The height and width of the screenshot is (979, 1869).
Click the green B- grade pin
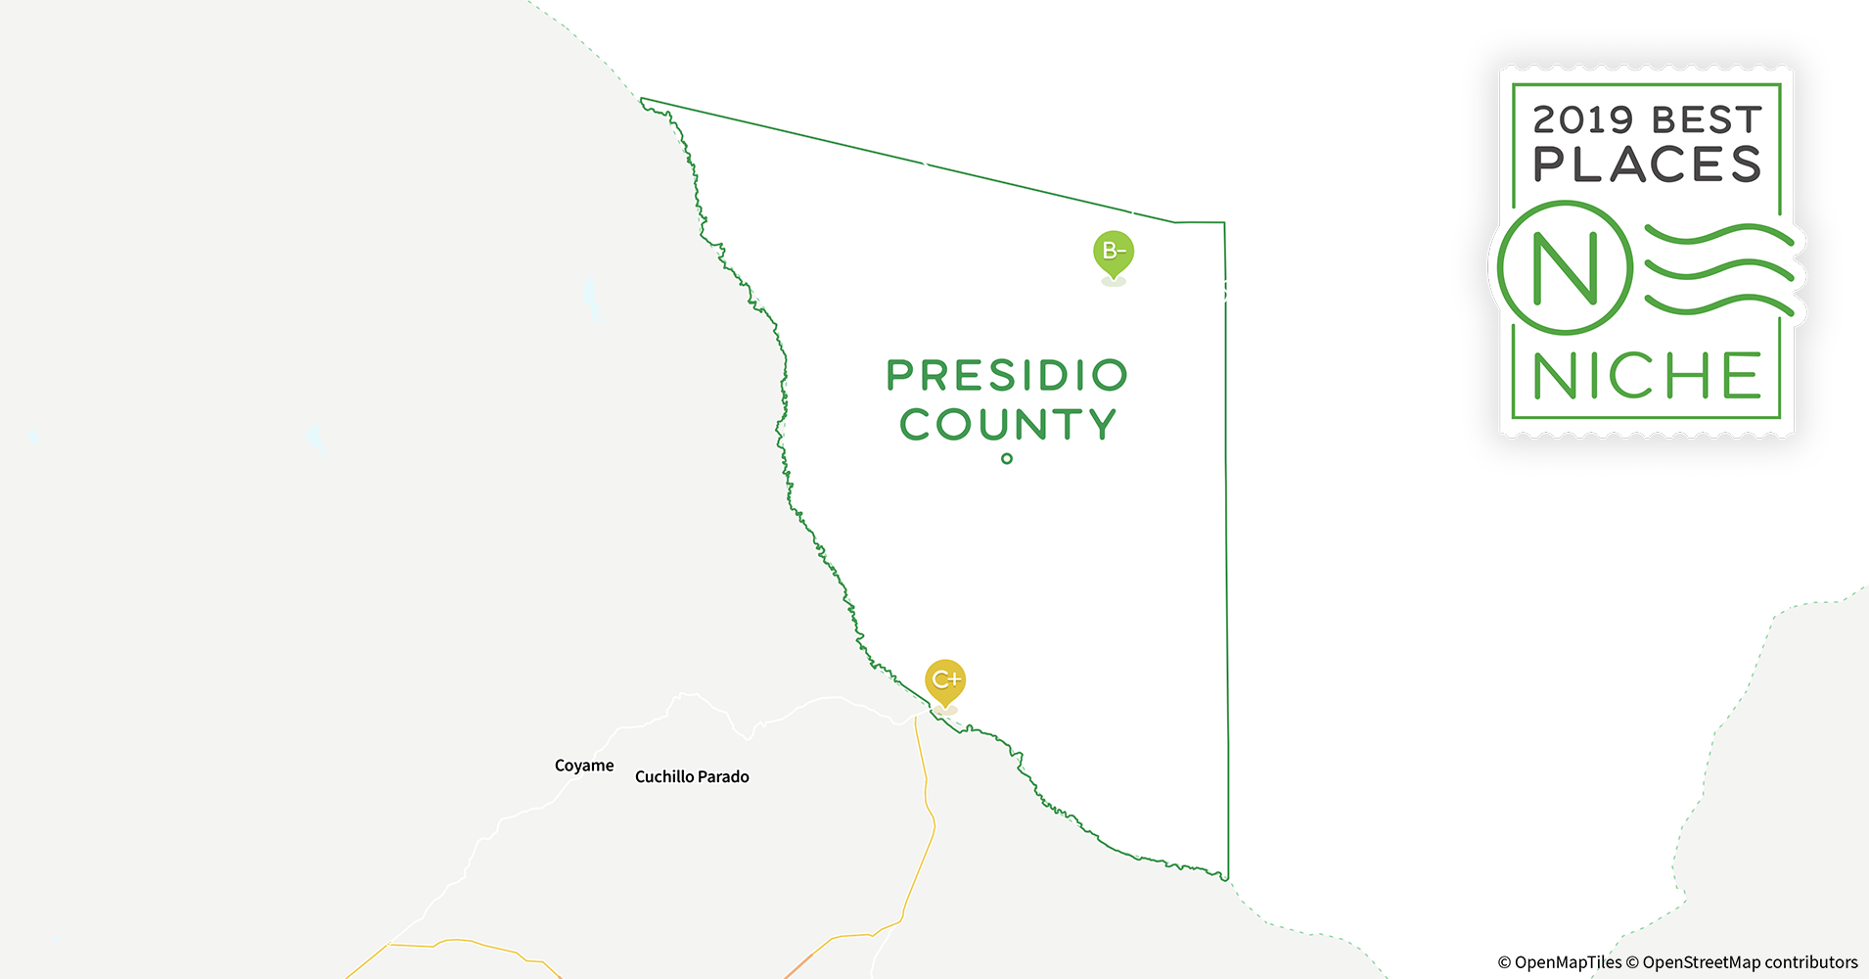click(1114, 253)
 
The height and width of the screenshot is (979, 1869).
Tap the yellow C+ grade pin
click(945, 680)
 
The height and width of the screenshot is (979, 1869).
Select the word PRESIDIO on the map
click(1007, 375)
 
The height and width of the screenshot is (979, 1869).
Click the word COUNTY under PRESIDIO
click(1007, 425)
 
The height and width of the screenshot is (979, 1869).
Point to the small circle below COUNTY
click(1007, 458)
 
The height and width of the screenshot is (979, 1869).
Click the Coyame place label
click(584, 766)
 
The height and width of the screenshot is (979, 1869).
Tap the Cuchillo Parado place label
click(692, 776)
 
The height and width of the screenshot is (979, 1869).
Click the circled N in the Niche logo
click(1565, 268)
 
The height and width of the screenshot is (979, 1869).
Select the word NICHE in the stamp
click(1647, 376)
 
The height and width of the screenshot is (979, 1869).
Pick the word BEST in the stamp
click(1707, 120)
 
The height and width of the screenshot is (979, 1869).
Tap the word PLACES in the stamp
click(1647, 164)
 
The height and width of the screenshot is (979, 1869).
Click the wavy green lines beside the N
click(1718, 269)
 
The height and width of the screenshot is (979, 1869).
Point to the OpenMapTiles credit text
click(1560, 962)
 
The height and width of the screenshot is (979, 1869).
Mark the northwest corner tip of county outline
click(642, 100)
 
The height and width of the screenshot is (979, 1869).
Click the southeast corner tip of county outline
click(1227, 878)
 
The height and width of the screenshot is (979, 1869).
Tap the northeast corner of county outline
click(1224, 223)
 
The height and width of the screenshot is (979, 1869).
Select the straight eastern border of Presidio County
click(1226, 548)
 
